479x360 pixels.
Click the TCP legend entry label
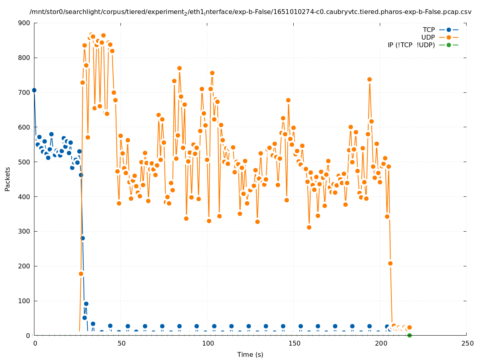click(429, 30)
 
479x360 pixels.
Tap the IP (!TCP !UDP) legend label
click(411, 45)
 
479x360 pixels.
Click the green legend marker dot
click(449, 45)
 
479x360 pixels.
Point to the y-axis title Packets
click(8, 179)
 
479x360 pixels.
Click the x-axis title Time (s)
click(250, 354)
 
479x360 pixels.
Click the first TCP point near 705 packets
click(34, 90)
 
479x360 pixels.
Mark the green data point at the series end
click(409, 335)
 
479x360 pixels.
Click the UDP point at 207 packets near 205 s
click(390, 263)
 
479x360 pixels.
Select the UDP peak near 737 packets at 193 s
click(369, 79)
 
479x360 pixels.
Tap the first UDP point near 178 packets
click(81, 274)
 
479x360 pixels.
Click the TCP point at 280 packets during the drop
click(82, 238)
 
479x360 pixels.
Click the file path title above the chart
click(250, 12)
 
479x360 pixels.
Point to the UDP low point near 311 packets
click(309, 227)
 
